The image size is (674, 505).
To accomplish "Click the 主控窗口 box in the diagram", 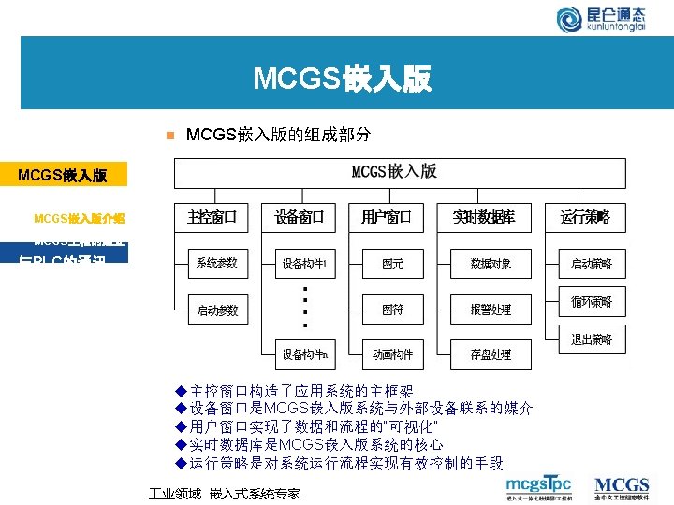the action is [x=212, y=218].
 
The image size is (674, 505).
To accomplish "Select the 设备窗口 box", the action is [x=300, y=218].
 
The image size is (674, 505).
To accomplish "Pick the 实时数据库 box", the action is [x=484, y=218].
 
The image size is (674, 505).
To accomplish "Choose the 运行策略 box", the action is [x=585, y=218].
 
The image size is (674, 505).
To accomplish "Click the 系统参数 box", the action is [x=217, y=264].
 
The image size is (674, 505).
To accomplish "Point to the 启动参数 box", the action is [x=217, y=310].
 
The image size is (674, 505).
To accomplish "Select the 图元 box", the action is [x=393, y=264].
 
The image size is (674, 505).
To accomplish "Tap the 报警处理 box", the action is [x=491, y=309].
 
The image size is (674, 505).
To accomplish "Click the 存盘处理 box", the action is [x=491, y=354].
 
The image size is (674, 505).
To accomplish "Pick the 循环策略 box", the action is [x=592, y=302].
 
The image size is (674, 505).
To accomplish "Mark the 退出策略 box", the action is [x=592, y=339].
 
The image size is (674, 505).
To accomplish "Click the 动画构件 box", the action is [x=393, y=354].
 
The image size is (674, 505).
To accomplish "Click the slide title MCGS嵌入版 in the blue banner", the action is [x=343, y=79].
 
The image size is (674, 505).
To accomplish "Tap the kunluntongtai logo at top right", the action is [x=613, y=19].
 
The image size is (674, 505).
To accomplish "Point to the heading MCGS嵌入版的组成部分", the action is [x=279, y=135].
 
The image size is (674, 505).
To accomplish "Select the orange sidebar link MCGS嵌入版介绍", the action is [x=79, y=219].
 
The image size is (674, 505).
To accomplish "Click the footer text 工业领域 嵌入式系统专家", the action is [x=226, y=493].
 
